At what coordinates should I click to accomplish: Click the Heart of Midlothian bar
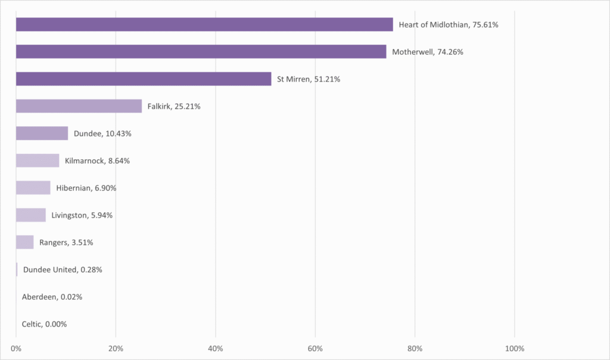[x=204, y=24]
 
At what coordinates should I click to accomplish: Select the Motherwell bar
[x=201, y=52]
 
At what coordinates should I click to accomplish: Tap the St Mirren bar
[x=144, y=79]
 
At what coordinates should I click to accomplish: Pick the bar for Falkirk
[x=79, y=106]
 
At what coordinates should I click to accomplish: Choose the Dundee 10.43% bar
[x=42, y=134]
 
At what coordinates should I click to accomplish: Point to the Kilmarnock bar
[x=38, y=160]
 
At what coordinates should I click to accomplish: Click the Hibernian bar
[x=33, y=188]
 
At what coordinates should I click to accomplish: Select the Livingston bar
[x=31, y=215]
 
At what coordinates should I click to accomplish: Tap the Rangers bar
[x=25, y=243]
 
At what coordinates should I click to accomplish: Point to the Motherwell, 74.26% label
[x=428, y=52]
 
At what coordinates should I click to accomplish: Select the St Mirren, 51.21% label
[x=309, y=79]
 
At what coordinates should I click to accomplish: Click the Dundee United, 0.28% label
[x=63, y=270]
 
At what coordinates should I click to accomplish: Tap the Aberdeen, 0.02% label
[x=52, y=297]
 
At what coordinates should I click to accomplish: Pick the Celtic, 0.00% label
[x=44, y=324]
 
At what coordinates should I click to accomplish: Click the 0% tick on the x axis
[x=16, y=348]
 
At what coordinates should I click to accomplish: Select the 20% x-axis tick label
[x=116, y=348]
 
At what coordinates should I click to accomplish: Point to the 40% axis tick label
[x=216, y=348]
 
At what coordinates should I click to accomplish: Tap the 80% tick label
[x=415, y=348]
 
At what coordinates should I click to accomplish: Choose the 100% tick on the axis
[x=514, y=348]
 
